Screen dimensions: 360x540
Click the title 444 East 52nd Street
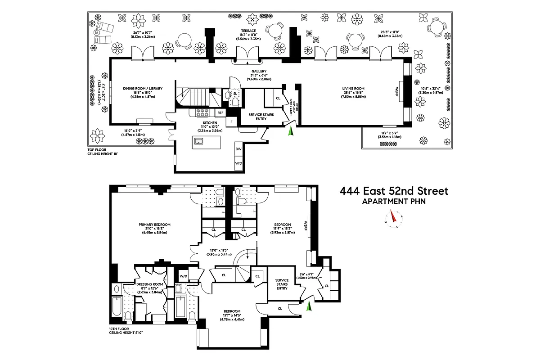394,191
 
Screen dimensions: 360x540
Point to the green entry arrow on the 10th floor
309,307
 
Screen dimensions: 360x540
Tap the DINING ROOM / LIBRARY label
143,89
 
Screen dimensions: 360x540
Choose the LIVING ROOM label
353,89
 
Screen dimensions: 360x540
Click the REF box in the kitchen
220,113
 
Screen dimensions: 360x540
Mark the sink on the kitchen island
198,141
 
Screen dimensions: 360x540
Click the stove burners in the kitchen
203,112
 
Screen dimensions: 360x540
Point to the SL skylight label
235,93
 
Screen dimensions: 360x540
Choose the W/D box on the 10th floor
184,276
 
